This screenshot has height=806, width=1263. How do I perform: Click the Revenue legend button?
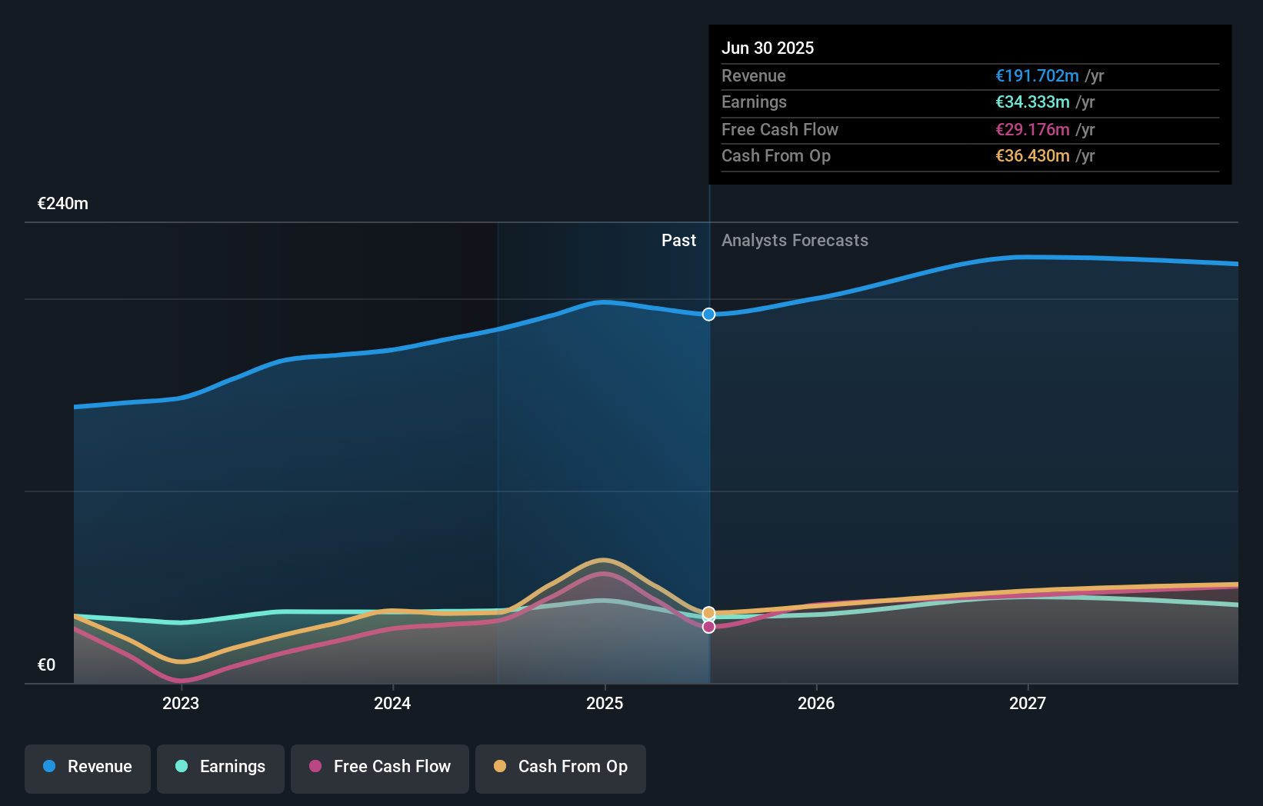(x=88, y=768)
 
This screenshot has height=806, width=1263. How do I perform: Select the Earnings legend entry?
(x=221, y=768)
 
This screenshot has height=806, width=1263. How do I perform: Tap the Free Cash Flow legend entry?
(x=380, y=768)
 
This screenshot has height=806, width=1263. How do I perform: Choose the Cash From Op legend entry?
(x=561, y=768)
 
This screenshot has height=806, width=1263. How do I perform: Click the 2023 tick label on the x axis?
(x=181, y=703)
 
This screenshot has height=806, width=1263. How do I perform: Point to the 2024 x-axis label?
(x=392, y=703)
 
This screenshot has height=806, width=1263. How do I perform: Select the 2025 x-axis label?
(x=605, y=703)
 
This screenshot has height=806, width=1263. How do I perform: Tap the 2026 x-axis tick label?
(x=816, y=703)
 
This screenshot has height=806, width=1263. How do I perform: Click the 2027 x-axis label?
(x=1028, y=703)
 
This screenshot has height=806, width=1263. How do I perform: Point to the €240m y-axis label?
(x=63, y=204)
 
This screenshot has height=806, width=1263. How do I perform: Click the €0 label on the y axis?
(x=46, y=665)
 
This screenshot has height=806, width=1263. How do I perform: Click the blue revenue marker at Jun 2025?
(x=708, y=315)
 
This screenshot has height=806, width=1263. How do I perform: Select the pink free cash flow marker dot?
(x=708, y=627)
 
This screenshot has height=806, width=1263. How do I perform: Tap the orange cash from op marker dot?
(x=708, y=613)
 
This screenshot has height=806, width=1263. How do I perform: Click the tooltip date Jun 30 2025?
(x=768, y=48)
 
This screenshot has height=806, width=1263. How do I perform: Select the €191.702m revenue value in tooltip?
(x=1037, y=75)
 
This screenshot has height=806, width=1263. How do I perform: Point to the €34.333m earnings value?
(x=1032, y=102)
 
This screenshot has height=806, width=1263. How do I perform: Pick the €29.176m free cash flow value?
(x=1032, y=129)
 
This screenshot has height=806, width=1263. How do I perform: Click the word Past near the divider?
(x=678, y=241)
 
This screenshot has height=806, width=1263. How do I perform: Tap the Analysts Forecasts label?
(x=795, y=241)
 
